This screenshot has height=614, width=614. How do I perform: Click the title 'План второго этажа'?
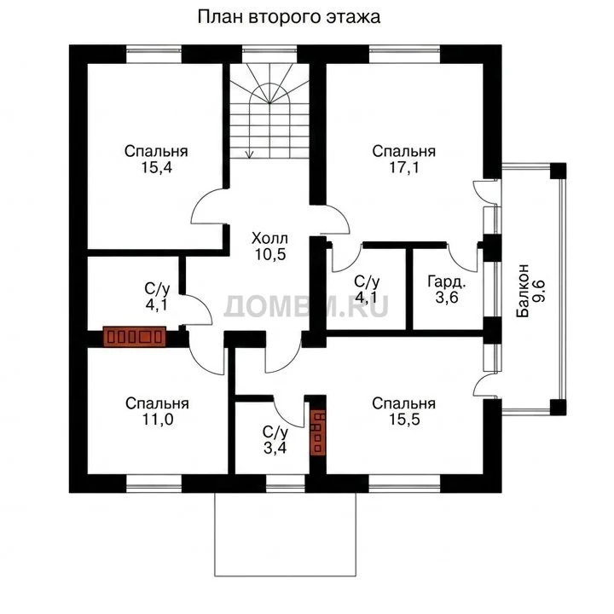288,18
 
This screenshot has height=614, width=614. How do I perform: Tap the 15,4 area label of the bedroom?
157,168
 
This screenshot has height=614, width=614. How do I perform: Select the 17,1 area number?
404,168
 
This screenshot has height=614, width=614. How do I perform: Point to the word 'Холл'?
269,238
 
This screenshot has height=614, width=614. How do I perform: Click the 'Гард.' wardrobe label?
447,281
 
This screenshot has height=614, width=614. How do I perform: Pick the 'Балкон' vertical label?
523,290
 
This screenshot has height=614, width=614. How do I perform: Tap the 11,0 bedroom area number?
158,420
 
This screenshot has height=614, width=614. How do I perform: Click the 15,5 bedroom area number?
404,420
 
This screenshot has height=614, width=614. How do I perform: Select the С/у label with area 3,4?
275,432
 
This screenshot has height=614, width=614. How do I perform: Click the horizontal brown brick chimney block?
135,336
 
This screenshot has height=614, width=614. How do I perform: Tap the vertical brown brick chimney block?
317,433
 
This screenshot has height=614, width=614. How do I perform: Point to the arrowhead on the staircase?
249,154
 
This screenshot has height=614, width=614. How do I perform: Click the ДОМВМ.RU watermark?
306,306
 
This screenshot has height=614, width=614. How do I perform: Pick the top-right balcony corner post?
558,171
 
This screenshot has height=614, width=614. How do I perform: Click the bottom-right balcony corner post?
558,408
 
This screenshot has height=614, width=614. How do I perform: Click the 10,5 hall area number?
270,254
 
